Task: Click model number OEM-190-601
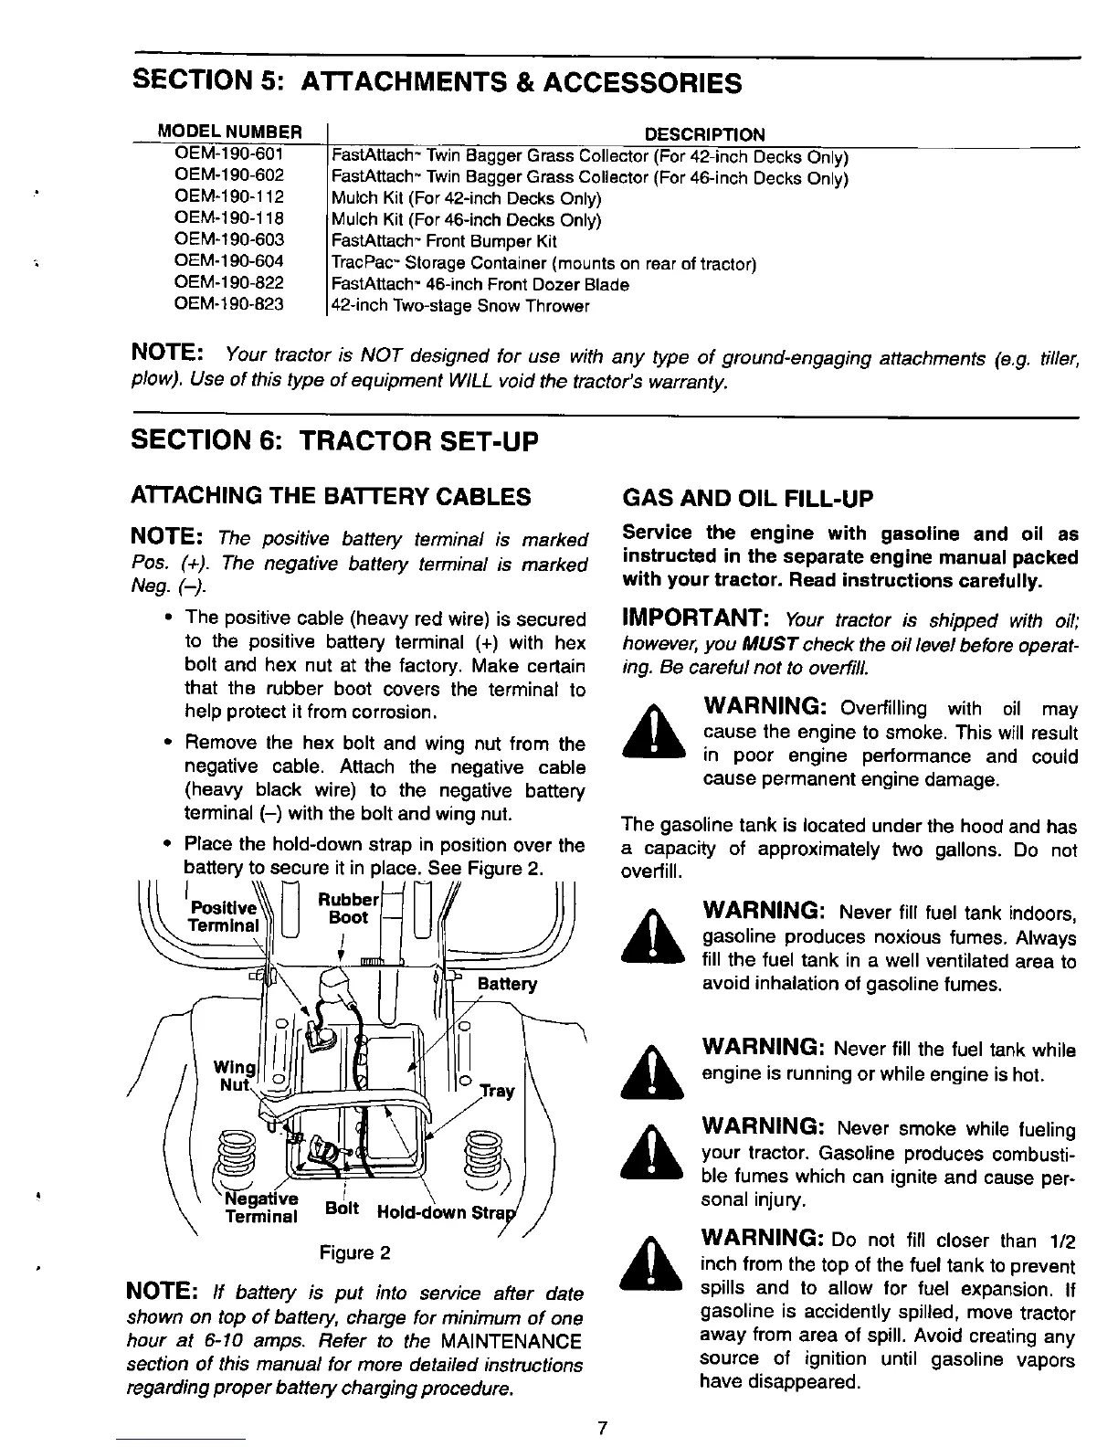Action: pos(229,153)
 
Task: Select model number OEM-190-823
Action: pos(229,306)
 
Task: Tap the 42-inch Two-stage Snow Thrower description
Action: pos(460,307)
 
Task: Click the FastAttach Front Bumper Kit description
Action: pos(444,241)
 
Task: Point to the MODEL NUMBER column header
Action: pos(229,132)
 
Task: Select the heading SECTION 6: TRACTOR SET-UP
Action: pos(335,441)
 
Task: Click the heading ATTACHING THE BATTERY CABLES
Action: pos(332,497)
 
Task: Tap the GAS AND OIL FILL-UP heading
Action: pos(747,499)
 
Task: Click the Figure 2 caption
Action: pos(355,1252)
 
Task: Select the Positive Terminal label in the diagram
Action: pos(222,916)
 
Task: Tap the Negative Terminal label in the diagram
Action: pos(261,1207)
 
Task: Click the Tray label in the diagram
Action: pos(498,1091)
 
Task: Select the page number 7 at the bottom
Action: pos(603,1429)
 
